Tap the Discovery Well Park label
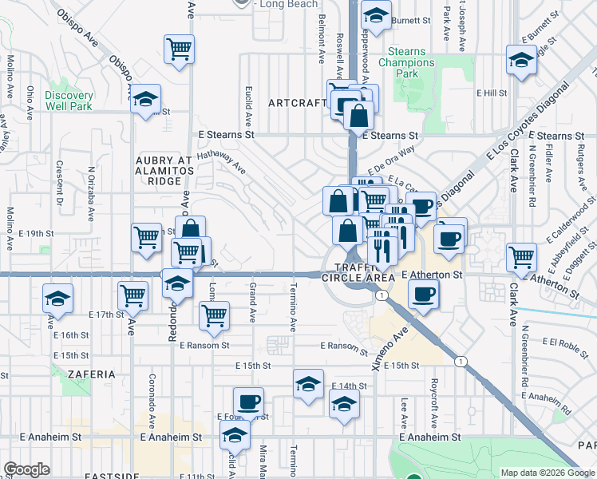tap(69, 101)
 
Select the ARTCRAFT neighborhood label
tap(298, 103)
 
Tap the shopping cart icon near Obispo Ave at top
tap(180, 49)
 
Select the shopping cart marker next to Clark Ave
tap(521, 256)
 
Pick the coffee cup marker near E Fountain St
tap(248, 402)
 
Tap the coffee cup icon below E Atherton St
tap(422, 295)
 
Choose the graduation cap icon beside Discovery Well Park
tap(145, 100)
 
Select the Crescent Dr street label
tap(59, 183)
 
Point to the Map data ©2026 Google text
tap(548, 473)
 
